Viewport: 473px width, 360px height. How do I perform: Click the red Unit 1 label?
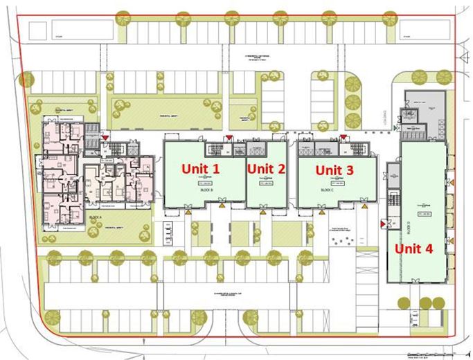click(x=200, y=168)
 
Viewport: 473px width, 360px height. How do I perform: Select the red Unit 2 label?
click(x=266, y=168)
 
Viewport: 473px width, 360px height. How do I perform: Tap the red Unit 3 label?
click(x=334, y=169)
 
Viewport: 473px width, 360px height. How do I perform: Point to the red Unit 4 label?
click(x=413, y=249)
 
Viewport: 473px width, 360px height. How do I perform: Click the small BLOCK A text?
click(x=96, y=217)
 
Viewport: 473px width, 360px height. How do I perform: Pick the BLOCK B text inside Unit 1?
click(x=206, y=189)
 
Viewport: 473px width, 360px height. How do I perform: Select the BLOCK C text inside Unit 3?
click(x=327, y=189)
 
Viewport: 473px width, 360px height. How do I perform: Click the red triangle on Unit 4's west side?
click(x=382, y=224)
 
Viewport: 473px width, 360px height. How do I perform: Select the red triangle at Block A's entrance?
click(x=105, y=138)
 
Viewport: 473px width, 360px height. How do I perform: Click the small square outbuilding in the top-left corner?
click(x=39, y=30)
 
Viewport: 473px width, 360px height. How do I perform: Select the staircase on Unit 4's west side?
click(x=393, y=200)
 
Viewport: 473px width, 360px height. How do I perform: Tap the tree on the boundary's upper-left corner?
click(x=26, y=80)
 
